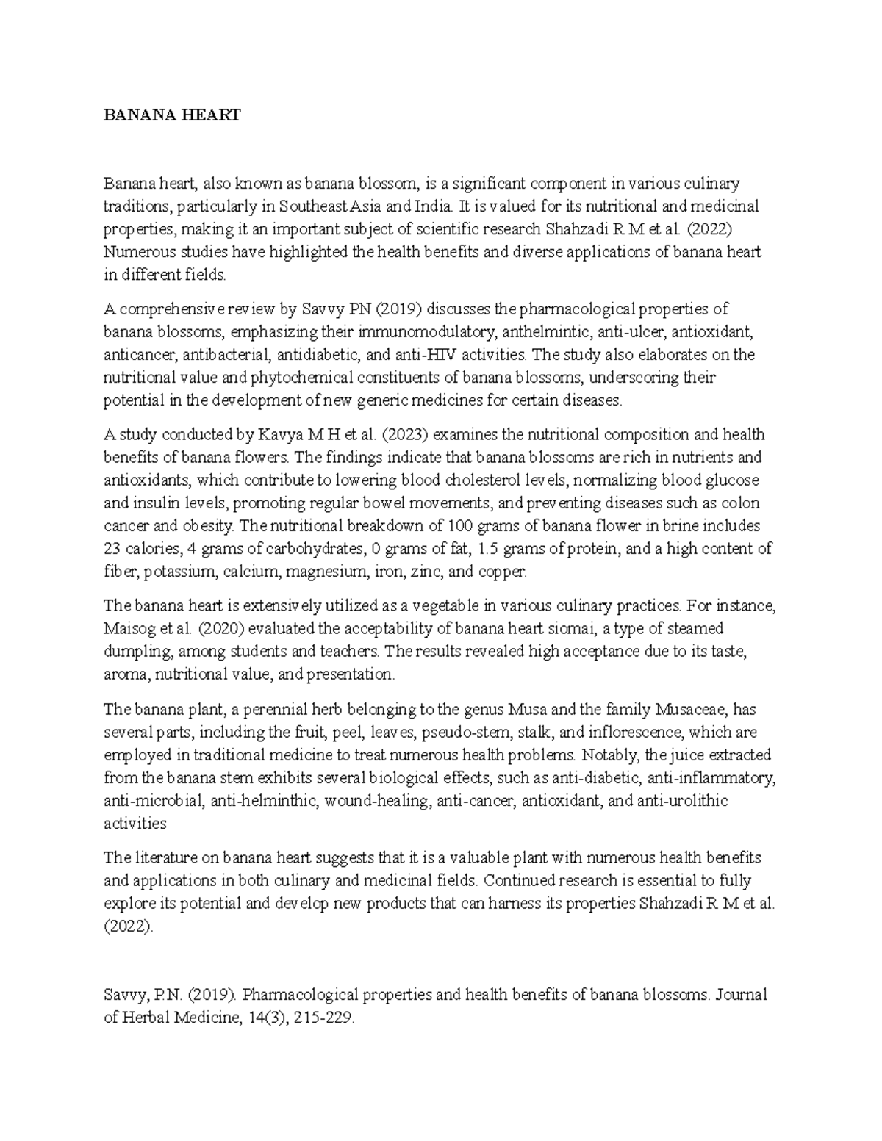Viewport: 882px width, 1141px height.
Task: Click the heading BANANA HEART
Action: coord(172,115)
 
